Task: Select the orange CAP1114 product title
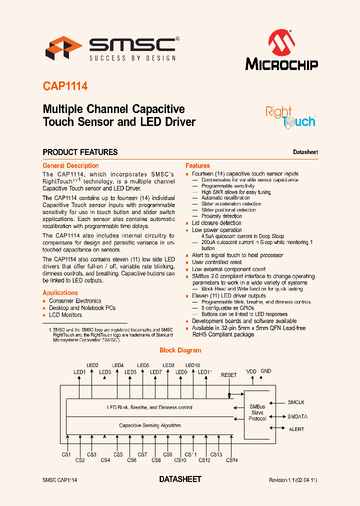click(65, 86)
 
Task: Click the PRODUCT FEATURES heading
click(80, 152)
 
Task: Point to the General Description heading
click(70, 165)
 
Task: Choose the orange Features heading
click(197, 165)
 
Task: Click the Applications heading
click(60, 292)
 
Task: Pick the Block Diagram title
click(180, 350)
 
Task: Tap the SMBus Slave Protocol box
click(257, 412)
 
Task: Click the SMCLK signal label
click(296, 402)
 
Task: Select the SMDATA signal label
click(297, 416)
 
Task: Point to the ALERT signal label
click(296, 429)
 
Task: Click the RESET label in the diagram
click(229, 375)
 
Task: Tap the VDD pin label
click(251, 372)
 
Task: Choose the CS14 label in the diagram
click(231, 460)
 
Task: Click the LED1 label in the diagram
click(80, 372)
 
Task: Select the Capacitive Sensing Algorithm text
click(149, 425)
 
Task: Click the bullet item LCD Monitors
click(65, 315)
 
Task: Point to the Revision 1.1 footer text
click(293, 480)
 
